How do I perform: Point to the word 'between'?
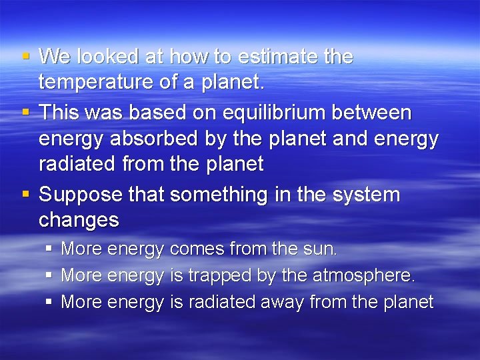pos(377,113)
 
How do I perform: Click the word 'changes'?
pos(79,220)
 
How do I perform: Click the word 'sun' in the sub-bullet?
pos(321,249)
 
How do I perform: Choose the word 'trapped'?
pos(219,275)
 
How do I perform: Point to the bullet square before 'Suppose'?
pos(25,193)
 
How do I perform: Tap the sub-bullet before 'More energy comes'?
pos(49,248)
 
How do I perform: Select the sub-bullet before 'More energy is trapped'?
pos(49,275)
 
